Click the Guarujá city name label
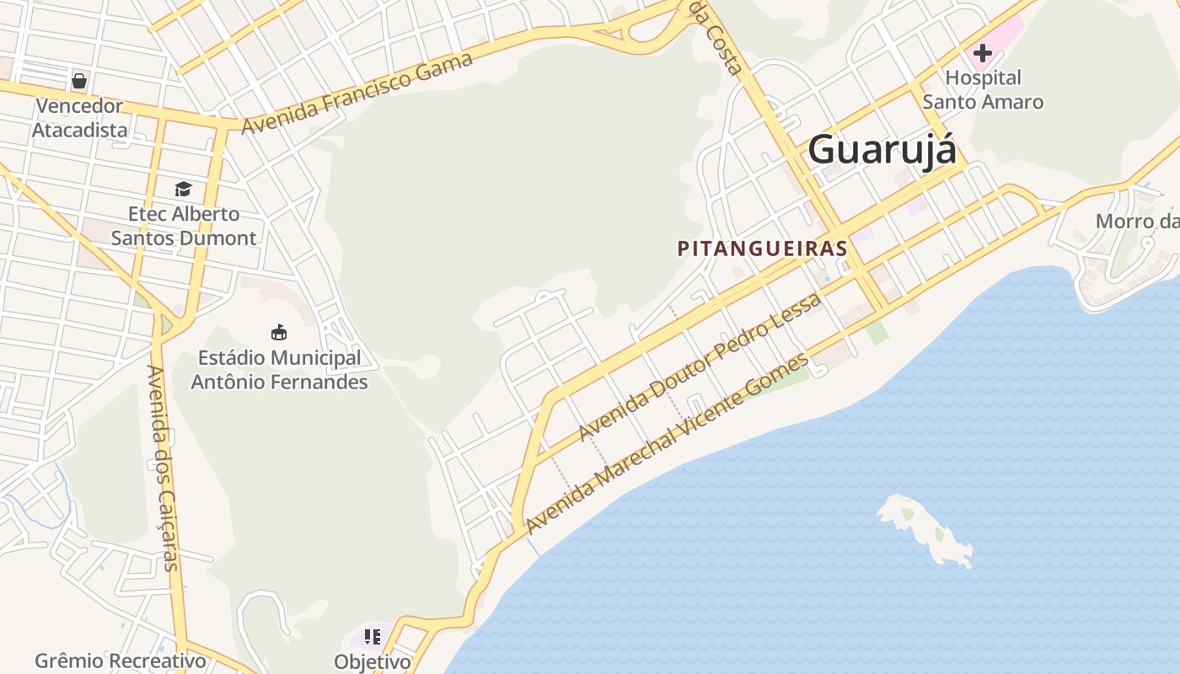pyautogui.click(x=882, y=150)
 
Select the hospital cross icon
pyautogui.click(x=982, y=53)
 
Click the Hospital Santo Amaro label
pyautogui.click(x=983, y=90)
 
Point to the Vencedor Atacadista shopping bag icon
pyautogui.click(x=79, y=81)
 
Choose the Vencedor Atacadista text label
pyautogui.click(x=79, y=118)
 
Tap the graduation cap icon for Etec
pyautogui.click(x=183, y=189)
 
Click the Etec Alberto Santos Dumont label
pyautogui.click(x=184, y=226)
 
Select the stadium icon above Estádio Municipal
pyautogui.click(x=279, y=332)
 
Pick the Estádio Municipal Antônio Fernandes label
pyautogui.click(x=279, y=370)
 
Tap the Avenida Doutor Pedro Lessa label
pyautogui.click(x=700, y=368)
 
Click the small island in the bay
pyautogui.click(x=925, y=527)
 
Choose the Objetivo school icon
pyautogui.click(x=372, y=637)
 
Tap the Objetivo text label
pyautogui.click(x=372, y=661)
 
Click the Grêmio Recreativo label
pyautogui.click(x=121, y=661)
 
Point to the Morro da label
pyautogui.click(x=1136, y=222)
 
